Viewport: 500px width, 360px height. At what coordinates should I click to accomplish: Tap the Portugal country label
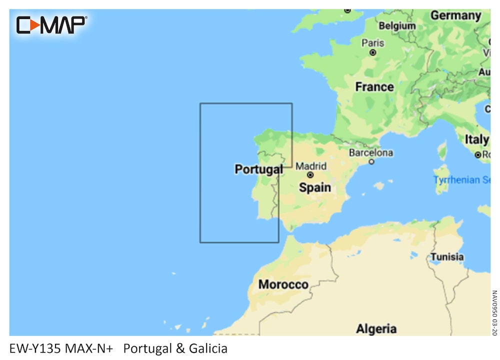click(258, 169)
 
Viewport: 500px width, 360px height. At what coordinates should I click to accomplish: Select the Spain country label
click(314, 187)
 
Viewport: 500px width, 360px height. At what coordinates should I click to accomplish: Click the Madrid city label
click(311, 166)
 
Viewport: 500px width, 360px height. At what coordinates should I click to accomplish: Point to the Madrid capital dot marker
click(310, 175)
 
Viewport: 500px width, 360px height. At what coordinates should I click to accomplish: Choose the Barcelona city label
click(370, 152)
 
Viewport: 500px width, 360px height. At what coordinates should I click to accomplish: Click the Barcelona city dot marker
click(371, 161)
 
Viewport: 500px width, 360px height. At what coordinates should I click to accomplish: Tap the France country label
click(374, 86)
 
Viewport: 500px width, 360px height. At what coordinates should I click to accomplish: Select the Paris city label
click(372, 43)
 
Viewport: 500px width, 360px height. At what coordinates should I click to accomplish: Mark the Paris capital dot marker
click(372, 52)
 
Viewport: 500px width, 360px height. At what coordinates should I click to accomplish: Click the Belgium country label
click(397, 25)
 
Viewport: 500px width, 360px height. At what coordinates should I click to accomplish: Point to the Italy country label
click(477, 139)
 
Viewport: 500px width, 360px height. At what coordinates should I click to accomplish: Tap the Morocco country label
click(283, 284)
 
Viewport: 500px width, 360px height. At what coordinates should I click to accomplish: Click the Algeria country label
click(376, 328)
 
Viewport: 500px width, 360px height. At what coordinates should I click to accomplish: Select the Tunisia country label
click(447, 257)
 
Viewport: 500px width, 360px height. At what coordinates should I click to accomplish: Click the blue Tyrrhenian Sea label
click(462, 179)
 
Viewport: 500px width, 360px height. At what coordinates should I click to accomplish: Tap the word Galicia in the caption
click(208, 348)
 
